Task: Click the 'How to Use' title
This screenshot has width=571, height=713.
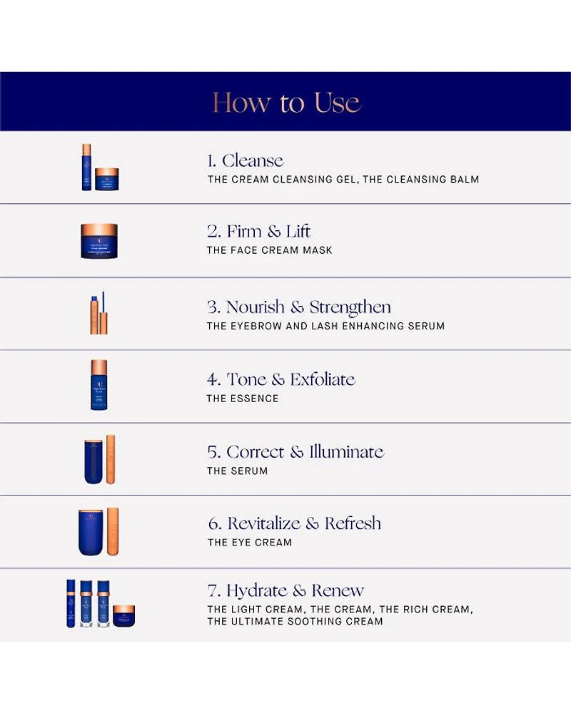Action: pos(287,102)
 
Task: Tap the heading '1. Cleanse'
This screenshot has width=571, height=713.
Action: pos(245,160)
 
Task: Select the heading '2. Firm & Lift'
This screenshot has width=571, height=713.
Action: pos(258,232)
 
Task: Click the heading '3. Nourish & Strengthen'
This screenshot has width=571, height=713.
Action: pos(299,307)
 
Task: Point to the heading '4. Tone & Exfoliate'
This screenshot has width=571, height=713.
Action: pos(281,379)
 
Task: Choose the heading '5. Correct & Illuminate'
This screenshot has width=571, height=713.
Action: pos(295,451)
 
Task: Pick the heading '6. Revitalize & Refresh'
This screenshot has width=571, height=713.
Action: pos(295,523)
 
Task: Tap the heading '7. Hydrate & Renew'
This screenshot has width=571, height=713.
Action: pos(285,590)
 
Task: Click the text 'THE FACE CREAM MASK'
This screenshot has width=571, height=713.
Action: pos(270,250)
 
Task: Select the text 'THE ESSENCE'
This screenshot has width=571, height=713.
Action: pos(242,399)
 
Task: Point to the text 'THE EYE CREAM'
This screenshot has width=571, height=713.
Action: pos(250,542)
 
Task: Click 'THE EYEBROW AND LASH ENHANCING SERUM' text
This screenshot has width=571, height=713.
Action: pos(325,326)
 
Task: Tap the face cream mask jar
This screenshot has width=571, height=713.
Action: pos(99,241)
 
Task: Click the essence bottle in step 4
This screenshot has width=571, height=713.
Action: pos(99,385)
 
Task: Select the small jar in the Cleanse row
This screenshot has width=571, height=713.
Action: pos(107,179)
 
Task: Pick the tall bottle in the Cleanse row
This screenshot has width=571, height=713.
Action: pos(86,167)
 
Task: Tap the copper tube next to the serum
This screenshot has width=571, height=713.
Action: pos(111,459)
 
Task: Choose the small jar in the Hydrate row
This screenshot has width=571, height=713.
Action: pos(124,616)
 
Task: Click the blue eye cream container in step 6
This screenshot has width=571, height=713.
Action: pos(91,532)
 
